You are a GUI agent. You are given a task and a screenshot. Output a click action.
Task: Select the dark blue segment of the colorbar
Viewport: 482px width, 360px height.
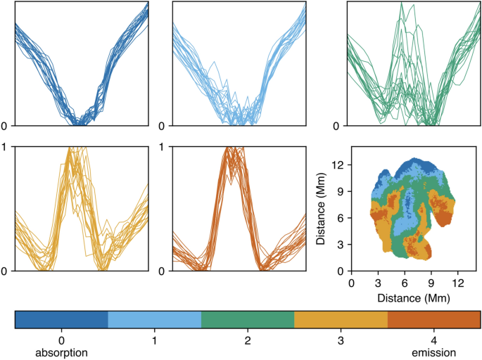click(61, 319)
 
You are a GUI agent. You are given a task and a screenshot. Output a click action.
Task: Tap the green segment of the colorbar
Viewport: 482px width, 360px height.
click(248, 319)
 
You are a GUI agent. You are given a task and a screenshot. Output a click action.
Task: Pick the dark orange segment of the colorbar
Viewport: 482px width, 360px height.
click(433, 319)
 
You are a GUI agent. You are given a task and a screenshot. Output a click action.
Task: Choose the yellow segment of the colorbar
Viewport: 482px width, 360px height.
click(341, 319)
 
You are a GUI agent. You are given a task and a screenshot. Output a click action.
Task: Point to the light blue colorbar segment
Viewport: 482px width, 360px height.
click(155, 319)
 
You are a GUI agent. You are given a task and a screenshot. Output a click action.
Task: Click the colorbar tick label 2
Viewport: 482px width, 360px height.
click(248, 340)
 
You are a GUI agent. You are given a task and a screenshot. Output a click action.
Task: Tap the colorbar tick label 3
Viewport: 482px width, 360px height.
click(341, 340)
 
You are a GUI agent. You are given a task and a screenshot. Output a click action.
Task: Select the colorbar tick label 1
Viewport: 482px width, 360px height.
click(155, 340)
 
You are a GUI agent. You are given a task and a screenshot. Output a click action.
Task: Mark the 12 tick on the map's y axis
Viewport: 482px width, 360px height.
click(338, 165)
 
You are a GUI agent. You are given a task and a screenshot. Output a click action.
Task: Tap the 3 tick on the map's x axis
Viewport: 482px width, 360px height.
click(378, 283)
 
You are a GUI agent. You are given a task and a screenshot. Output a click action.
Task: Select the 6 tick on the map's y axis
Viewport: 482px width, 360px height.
click(341, 218)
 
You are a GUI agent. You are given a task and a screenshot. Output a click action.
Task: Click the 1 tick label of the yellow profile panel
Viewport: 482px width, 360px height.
click(6, 147)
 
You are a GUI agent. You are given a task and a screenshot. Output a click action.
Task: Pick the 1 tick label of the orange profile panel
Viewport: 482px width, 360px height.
click(164, 147)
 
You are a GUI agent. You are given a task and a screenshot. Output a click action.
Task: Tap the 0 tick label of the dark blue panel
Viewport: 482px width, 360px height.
click(6, 127)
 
